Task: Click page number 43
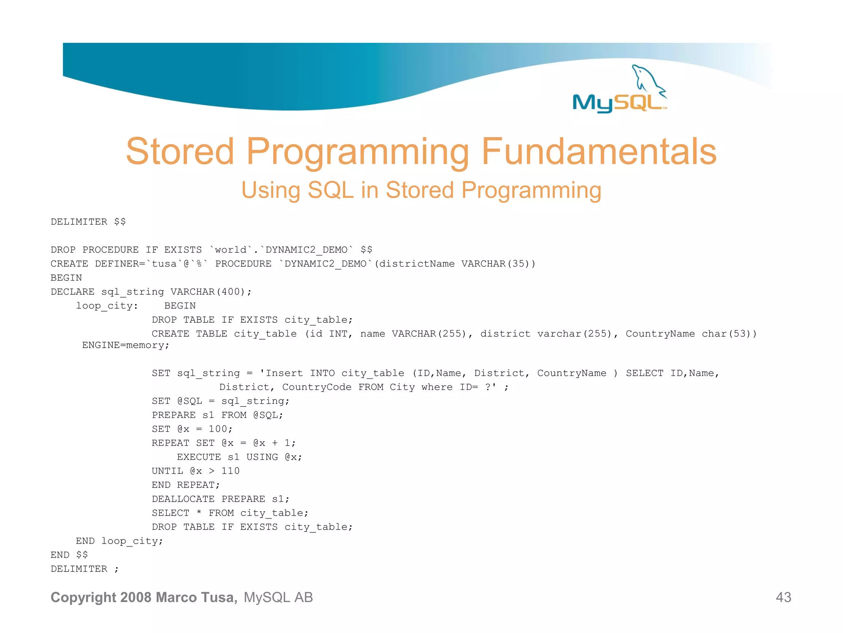point(783,597)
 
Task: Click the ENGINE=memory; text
point(126,345)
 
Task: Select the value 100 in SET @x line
point(218,429)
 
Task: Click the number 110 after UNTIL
point(230,471)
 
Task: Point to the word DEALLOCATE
point(183,499)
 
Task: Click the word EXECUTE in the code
point(199,457)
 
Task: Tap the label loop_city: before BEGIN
point(107,306)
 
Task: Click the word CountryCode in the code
point(317,387)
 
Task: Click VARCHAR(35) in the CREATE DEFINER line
point(498,264)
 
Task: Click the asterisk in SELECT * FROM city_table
point(199,513)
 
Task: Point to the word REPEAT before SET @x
point(170,443)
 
